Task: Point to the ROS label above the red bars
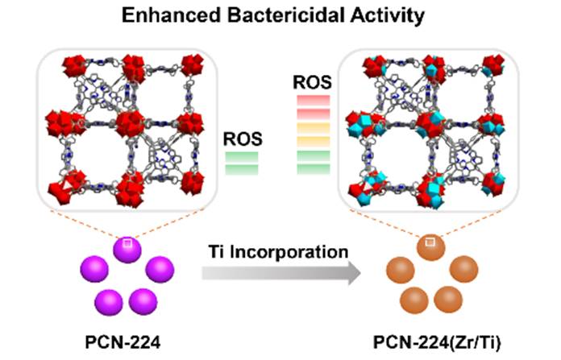[x=310, y=81]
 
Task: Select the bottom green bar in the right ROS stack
[x=310, y=168]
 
